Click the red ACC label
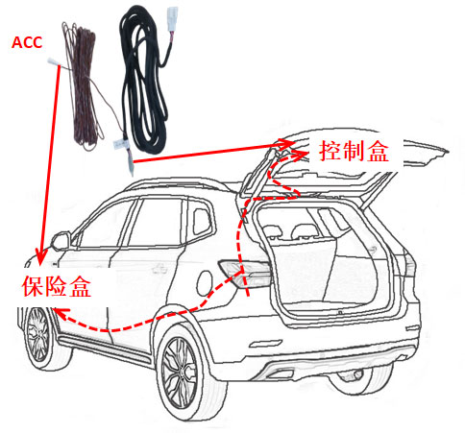click(x=27, y=43)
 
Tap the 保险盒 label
click(x=57, y=286)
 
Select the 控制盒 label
click(x=354, y=151)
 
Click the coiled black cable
click(x=144, y=80)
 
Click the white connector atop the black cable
click(x=173, y=19)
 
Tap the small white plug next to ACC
click(x=54, y=60)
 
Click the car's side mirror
click(x=61, y=241)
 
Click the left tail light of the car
click(x=246, y=273)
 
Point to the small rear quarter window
click(x=202, y=222)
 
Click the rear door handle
click(x=160, y=269)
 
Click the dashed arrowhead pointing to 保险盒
click(x=61, y=314)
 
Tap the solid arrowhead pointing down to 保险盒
click(x=39, y=258)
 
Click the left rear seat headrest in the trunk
click(x=271, y=231)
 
